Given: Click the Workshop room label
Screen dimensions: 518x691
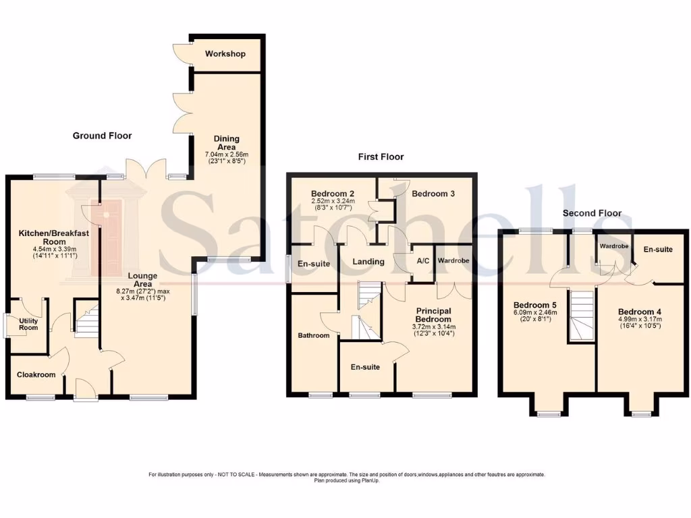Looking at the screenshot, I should click(x=225, y=54).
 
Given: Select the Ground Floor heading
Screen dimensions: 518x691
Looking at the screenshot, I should click(x=102, y=136).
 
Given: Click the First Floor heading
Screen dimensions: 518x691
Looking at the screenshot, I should click(x=381, y=156).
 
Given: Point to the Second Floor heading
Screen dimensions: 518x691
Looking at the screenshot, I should click(x=592, y=213).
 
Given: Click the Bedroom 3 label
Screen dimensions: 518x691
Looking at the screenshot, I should click(x=433, y=194).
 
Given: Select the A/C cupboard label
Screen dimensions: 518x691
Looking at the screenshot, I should click(x=423, y=260).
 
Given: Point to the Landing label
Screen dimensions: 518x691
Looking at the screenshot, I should click(x=368, y=262).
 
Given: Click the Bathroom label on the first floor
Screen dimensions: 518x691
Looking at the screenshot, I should click(x=314, y=335).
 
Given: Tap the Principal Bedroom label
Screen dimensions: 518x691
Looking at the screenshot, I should click(x=433, y=315).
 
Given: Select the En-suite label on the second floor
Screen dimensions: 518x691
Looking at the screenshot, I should click(x=657, y=250).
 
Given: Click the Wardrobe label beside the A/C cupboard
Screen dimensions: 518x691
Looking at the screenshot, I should click(x=453, y=260).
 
